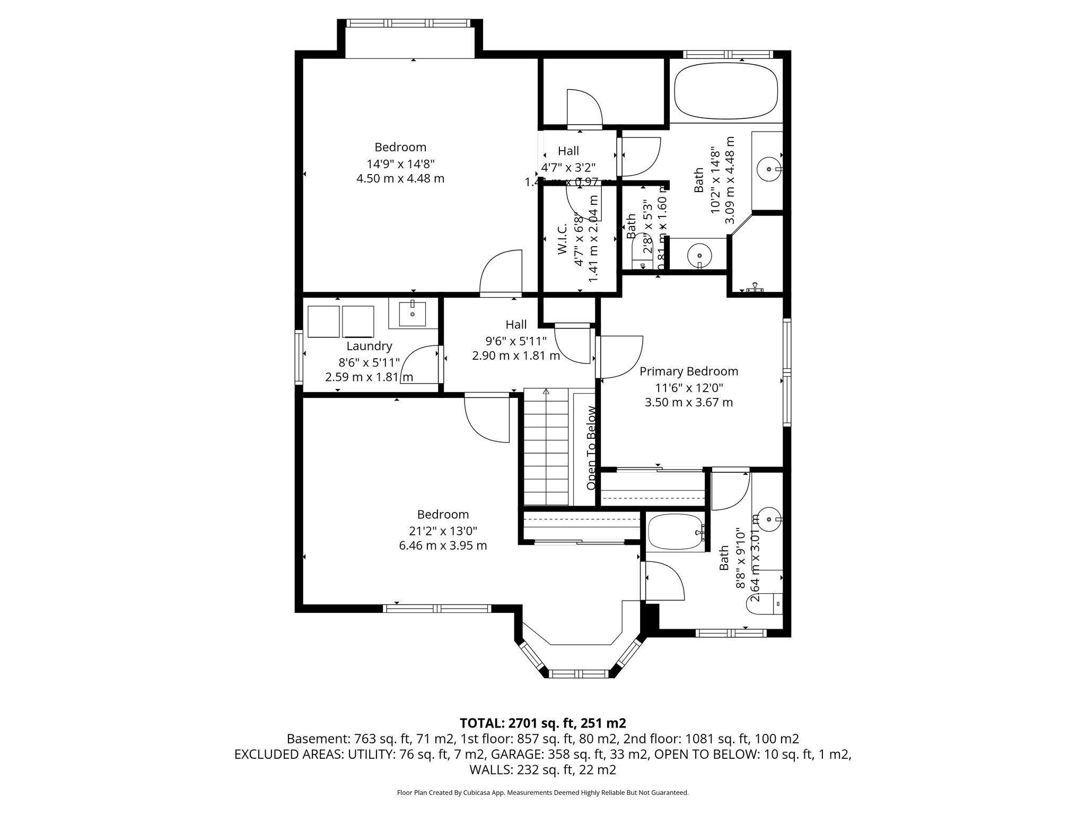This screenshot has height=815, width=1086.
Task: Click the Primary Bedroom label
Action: click(x=688, y=371)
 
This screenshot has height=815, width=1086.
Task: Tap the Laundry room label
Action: click(x=369, y=346)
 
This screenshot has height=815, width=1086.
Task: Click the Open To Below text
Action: click(x=591, y=448)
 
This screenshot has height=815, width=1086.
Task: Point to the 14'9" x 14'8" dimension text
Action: click(x=400, y=163)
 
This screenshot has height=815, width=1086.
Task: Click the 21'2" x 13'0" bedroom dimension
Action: click(x=443, y=530)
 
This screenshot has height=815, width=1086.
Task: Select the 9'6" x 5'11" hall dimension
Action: click(x=516, y=340)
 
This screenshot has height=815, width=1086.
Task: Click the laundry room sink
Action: click(x=413, y=314)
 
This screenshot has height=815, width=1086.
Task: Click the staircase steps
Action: click(x=546, y=448)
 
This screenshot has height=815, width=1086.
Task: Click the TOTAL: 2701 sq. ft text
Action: click(x=542, y=723)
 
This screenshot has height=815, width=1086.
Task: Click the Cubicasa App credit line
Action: click(x=542, y=793)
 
